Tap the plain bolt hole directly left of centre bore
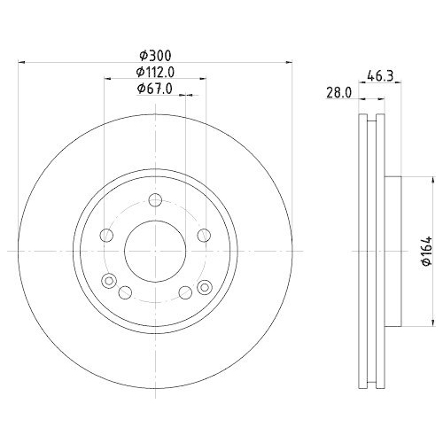[x=107, y=235]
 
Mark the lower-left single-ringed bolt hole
[x=125, y=293]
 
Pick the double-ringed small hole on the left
[x=110, y=283]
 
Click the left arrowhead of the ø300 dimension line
[x=22, y=62]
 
